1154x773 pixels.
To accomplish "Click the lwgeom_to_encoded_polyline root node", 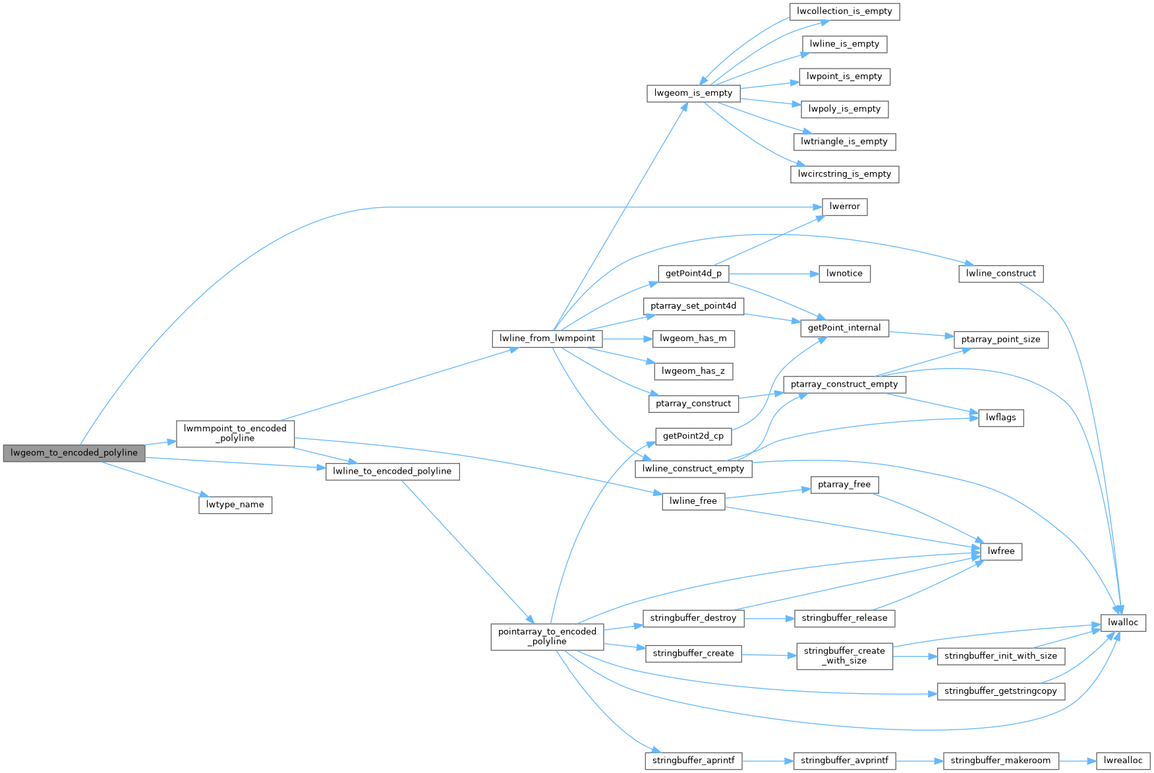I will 74,453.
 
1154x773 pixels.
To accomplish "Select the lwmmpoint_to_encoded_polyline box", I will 235,433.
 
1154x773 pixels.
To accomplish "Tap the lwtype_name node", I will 235,505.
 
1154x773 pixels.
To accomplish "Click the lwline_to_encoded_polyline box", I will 392,471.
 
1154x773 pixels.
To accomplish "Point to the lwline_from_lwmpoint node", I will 547,338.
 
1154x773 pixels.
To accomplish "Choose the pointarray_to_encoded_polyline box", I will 547,636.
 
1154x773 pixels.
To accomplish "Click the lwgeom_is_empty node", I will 693,93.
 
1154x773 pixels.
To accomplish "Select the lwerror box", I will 844,206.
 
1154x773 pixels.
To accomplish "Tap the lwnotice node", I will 844,273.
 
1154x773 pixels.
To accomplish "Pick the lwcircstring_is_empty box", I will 844,174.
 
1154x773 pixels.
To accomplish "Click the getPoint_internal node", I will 844,328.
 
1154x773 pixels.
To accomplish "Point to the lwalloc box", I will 1123,623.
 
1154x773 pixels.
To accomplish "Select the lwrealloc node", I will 1123,760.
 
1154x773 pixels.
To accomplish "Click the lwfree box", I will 1001,551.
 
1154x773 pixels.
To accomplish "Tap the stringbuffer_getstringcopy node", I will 1000,691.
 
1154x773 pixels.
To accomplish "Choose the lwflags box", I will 1001,417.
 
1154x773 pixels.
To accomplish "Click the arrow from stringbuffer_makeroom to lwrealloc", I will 1078,760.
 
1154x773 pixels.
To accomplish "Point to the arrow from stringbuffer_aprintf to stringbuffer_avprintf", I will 768,760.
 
